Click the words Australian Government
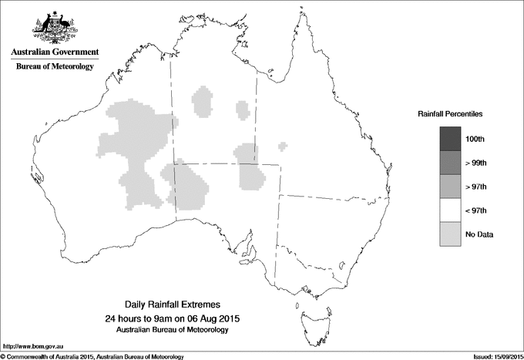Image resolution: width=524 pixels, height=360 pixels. [x=55, y=52]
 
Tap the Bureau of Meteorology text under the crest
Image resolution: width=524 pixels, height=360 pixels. [x=55, y=66]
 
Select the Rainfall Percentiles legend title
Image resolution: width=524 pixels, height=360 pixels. [x=450, y=113]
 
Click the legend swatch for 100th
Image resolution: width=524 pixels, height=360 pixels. [x=450, y=139]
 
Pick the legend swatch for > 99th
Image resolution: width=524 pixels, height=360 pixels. [x=450, y=163]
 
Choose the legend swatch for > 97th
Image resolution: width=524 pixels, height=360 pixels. [x=450, y=187]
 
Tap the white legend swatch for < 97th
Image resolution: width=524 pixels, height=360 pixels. [x=450, y=210]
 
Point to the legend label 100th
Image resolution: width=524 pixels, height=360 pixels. [x=476, y=139]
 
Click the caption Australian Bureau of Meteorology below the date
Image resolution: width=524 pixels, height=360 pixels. [x=172, y=329]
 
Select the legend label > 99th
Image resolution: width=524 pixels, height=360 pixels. [x=476, y=163]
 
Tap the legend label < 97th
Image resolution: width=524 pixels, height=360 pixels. [x=476, y=210]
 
